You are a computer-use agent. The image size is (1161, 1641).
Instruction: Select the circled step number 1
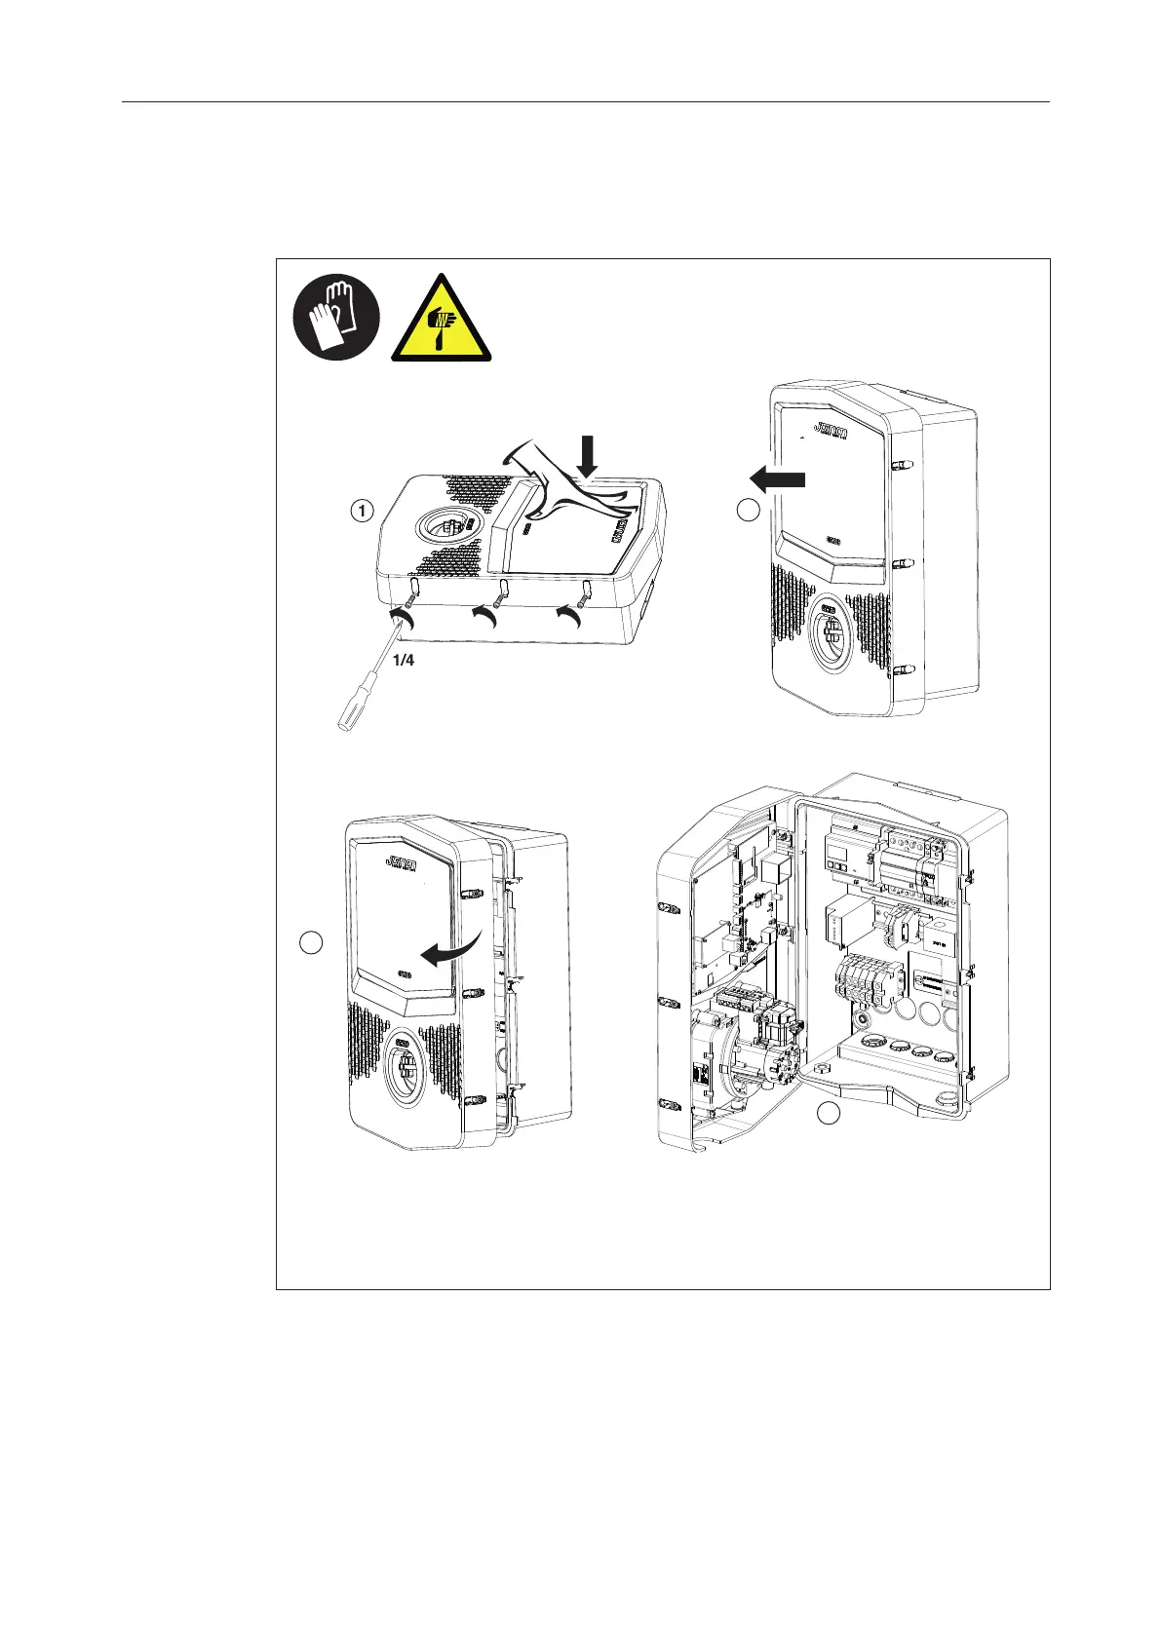coord(362,510)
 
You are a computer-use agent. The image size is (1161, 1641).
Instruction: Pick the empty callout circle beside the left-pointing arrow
coord(748,510)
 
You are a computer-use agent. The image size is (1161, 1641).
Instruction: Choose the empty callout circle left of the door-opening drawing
coord(310,941)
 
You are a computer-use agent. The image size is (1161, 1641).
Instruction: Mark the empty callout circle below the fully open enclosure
coord(828,1114)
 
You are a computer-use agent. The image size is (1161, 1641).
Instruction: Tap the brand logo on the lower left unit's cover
coord(402,862)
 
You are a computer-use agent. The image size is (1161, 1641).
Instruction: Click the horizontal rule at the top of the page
coord(585,101)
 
